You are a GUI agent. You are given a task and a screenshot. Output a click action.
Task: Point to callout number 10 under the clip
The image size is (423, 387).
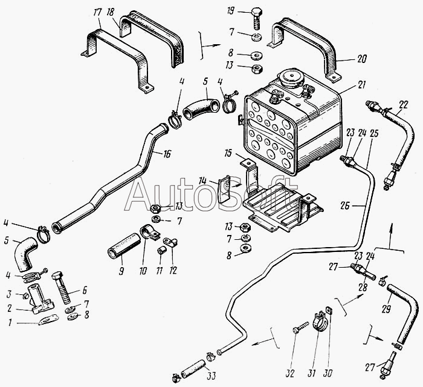point(143,271)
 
